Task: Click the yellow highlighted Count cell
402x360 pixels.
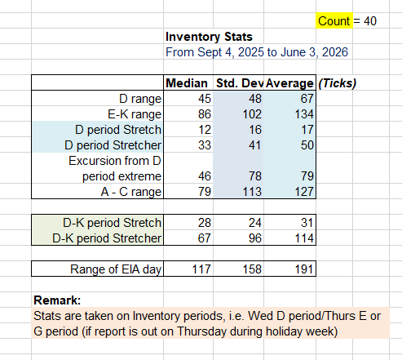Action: coord(334,20)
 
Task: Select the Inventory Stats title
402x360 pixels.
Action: coord(209,37)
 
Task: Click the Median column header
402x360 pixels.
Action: coord(187,83)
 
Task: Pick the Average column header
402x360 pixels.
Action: coord(289,83)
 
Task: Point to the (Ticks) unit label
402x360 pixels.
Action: coord(337,83)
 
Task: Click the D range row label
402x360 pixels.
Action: coord(140,99)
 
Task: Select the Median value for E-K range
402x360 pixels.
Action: coord(205,114)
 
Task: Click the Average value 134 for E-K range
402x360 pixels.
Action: coord(304,114)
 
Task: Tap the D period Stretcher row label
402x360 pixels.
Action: coord(113,145)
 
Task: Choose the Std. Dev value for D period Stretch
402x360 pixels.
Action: coord(255,130)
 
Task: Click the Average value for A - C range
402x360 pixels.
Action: coord(304,192)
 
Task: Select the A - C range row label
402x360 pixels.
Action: coord(131,192)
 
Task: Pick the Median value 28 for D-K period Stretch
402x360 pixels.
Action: coord(205,223)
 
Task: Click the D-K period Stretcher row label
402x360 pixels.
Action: coord(107,238)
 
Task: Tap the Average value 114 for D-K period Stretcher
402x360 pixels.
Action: coord(304,238)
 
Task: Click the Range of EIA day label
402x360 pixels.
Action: coord(116,269)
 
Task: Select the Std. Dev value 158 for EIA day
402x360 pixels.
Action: coord(252,269)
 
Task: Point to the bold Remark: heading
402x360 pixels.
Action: coord(57,300)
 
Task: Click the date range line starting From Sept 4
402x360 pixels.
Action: coord(257,52)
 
